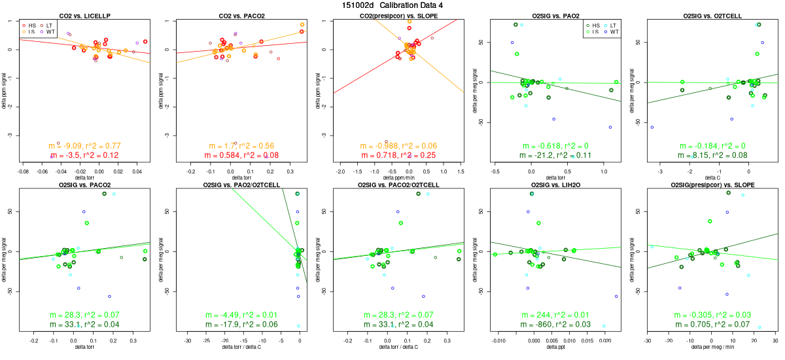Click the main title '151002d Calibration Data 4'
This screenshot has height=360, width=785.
(x=392, y=5)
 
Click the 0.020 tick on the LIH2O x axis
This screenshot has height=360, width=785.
(x=606, y=341)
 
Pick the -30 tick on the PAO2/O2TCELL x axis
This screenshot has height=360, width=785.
(x=188, y=341)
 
